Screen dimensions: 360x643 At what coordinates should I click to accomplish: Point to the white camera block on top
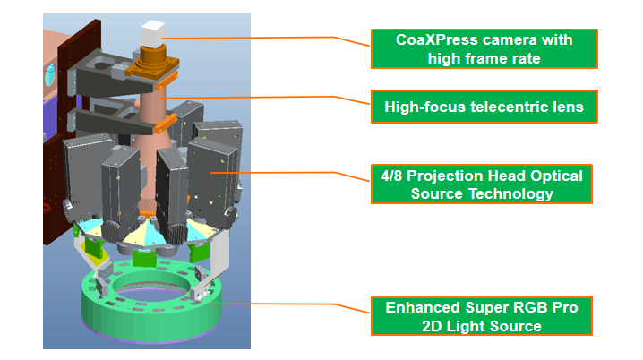(x=152, y=35)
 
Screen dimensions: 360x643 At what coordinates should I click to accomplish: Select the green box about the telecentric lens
(x=484, y=107)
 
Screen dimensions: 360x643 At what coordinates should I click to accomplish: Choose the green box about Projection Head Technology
(x=484, y=184)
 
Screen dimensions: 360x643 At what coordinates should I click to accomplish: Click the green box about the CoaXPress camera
(x=484, y=49)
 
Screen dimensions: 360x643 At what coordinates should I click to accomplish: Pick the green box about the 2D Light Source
(x=484, y=317)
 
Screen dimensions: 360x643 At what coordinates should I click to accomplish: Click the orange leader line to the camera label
(x=269, y=39)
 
